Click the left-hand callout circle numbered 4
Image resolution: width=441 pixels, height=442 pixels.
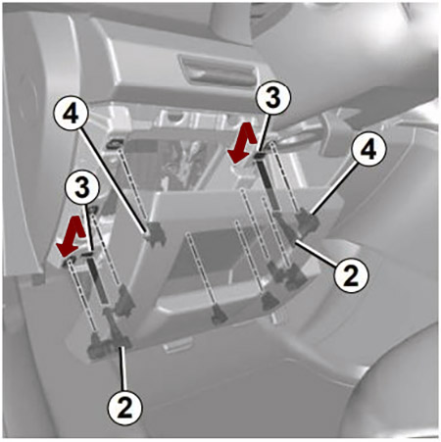click(x=71, y=115)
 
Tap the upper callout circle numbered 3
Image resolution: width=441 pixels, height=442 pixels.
click(x=272, y=98)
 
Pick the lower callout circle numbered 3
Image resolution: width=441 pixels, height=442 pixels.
click(x=82, y=188)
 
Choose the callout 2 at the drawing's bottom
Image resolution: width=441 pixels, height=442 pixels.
click(x=124, y=408)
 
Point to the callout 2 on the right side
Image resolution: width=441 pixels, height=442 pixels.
click(x=351, y=277)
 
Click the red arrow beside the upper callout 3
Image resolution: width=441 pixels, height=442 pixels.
click(x=242, y=145)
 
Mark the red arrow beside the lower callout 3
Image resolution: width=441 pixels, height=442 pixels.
click(x=72, y=236)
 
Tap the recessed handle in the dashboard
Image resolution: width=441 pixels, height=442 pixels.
click(x=217, y=71)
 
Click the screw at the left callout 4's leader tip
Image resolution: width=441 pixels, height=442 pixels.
click(x=154, y=234)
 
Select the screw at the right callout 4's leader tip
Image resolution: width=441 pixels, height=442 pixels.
click(x=306, y=221)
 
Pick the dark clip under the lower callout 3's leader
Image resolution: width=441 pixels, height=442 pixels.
click(x=88, y=254)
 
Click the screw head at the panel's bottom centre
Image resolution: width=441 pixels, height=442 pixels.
click(x=220, y=315)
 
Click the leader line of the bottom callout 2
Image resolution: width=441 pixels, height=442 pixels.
click(x=122, y=368)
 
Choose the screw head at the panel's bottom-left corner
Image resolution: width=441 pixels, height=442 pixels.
click(x=97, y=346)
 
